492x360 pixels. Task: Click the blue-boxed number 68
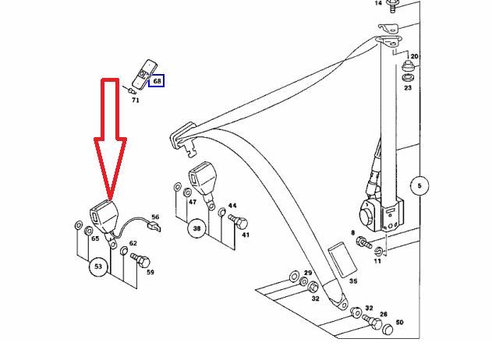pyautogui.click(x=157, y=81)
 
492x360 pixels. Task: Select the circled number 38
pyautogui.click(x=197, y=229)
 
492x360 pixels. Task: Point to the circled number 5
pyautogui.click(x=419, y=185)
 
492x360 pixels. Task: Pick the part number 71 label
pyautogui.click(x=136, y=101)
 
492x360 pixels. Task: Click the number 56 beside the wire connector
pyautogui.click(x=155, y=217)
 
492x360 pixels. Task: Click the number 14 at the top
pyautogui.click(x=379, y=4)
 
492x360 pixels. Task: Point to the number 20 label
pyautogui.click(x=414, y=57)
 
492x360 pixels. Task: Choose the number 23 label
pyautogui.click(x=407, y=88)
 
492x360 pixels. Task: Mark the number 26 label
pyautogui.click(x=383, y=314)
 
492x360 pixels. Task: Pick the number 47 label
pyautogui.click(x=192, y=202)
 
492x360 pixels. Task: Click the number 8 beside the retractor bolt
pyautogui.click(x=352, y=233)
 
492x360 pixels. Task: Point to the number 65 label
pyautogui.click(x=95, y=238)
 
